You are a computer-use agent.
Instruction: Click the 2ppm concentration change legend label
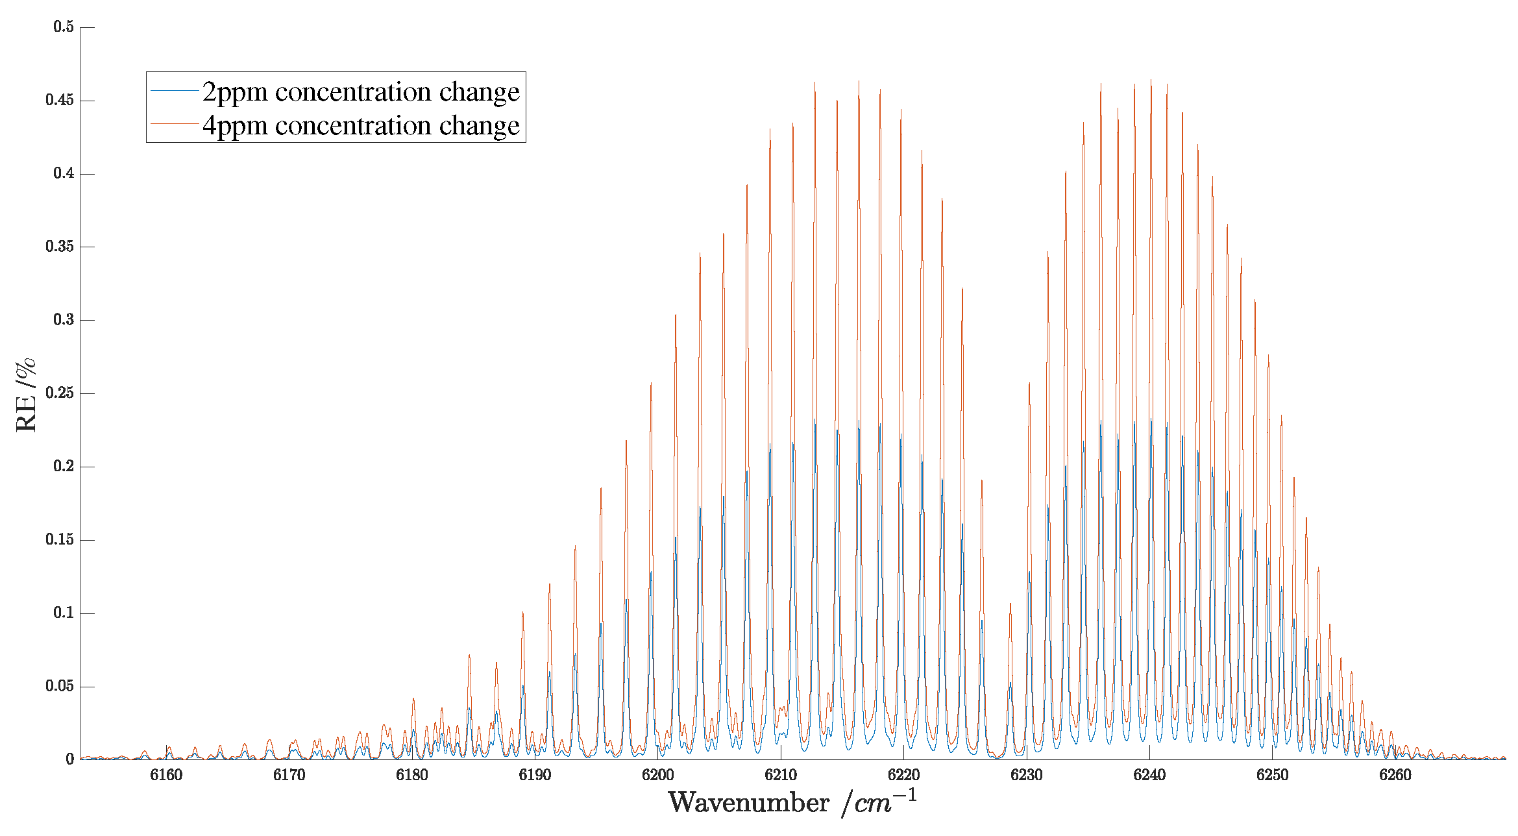coord(360,92)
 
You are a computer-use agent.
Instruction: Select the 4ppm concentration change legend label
coord(360,125)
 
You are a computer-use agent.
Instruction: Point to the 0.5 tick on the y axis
coord(64,27)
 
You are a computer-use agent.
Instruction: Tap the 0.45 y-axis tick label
coord(60,100)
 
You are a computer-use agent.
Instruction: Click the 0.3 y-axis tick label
coord(64,320)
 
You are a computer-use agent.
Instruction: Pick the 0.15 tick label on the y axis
coord(60,540)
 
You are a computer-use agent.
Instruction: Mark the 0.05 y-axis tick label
coord(60,686)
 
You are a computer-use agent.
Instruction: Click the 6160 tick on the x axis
coord(166,775)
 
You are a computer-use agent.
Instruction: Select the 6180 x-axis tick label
coord(412,775)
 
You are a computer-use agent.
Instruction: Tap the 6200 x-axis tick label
coord(658,775)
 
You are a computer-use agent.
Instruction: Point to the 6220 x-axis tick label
coord(904,775)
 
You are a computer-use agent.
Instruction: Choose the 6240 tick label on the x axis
coord(1149,775)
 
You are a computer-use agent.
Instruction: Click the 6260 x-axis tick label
coord(1395,775)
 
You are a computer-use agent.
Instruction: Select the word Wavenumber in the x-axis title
coord(749,803)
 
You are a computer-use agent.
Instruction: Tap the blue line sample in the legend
coord(174,91)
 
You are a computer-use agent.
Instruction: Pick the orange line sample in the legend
coord(174,123)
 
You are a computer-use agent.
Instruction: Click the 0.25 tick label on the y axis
coord(60,393)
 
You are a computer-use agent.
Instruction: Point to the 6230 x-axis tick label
coord(1027,775)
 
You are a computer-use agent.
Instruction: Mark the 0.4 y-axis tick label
coord(64,173)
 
